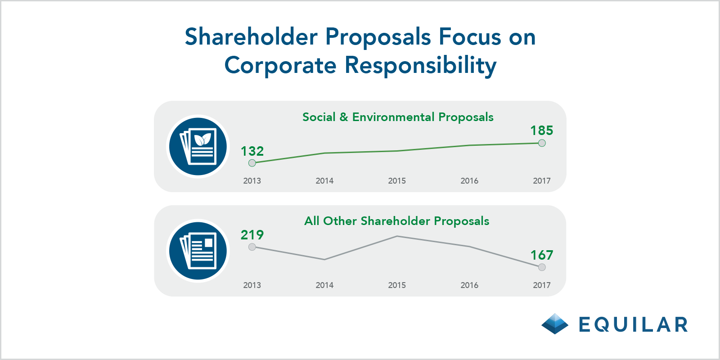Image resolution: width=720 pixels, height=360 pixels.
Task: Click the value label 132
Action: click(x=252, y=151)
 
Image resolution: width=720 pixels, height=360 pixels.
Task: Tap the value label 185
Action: click(x=542, y=131)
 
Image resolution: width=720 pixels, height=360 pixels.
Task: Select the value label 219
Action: click(x=252, y=235)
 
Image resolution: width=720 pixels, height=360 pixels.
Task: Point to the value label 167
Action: click(x=542, y=256)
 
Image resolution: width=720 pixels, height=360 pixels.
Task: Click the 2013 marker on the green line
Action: click(x=252, y=163)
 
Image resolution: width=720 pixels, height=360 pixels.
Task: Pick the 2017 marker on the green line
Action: click(x=542, y=143)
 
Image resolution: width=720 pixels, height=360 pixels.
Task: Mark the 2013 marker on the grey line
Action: click(x=252, y=247)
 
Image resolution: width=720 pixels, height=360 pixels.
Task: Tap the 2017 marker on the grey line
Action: click(x=542, y=267)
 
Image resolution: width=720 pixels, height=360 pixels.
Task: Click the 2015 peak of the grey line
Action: click(x=397, y=236)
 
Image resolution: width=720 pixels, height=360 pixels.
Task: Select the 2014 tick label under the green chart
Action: click(x=324, y=181)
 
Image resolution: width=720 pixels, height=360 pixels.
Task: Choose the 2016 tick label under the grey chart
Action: click(x=469, y=285)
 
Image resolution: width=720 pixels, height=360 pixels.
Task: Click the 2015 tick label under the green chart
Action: click(x=397, y=181)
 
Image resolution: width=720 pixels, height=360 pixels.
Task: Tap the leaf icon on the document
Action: click(x=202, y=139)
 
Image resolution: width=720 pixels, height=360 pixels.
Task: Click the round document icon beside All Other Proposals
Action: click(x=198, y=251)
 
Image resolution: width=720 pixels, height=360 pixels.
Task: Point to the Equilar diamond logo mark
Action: click(x=555, y=324)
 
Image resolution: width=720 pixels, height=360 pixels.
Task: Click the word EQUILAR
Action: click(x=633, y=324)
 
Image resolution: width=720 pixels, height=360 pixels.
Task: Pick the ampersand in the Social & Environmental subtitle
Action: click(x=344, y=117)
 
